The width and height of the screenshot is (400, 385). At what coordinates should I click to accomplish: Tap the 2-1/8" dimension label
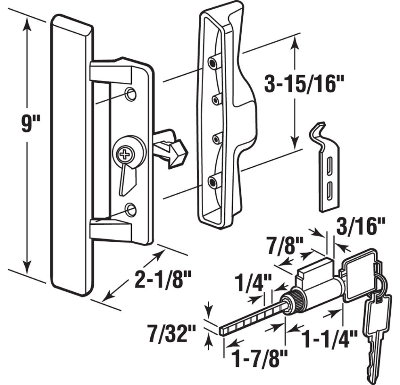162,279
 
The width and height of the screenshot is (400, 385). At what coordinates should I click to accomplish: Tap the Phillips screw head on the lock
124,154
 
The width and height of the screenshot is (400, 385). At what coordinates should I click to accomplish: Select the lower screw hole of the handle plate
130,209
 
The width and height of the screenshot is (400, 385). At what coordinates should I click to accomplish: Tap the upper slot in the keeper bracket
330,165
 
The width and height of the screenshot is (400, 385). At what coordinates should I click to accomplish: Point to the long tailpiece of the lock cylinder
251,319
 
